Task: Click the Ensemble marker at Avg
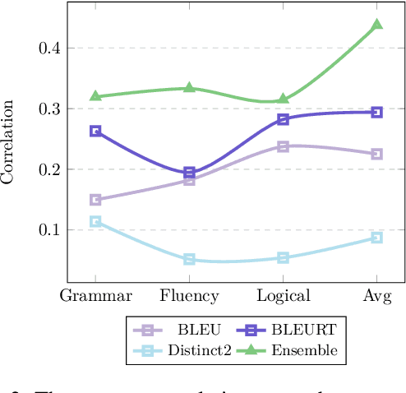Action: pos(377,25)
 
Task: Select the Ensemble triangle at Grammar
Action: pos(95,96)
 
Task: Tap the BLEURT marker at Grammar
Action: pos(95,131)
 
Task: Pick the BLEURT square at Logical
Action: pos(284,119)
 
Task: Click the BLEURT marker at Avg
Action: pos(377,112)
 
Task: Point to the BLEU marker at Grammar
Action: pos(95,200)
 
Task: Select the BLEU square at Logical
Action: pos(284,146)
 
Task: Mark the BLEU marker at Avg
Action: pos(377,154)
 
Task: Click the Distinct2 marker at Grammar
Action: pos(95,221)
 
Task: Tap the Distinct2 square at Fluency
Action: pos(189,260)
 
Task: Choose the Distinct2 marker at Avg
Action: pos(377,238)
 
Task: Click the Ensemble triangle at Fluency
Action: pos(189,87)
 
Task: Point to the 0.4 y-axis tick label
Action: pos(50,49)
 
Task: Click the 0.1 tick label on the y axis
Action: pos(50,230)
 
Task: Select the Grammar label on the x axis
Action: pos(95,296)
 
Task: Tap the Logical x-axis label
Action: pos(284,296)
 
